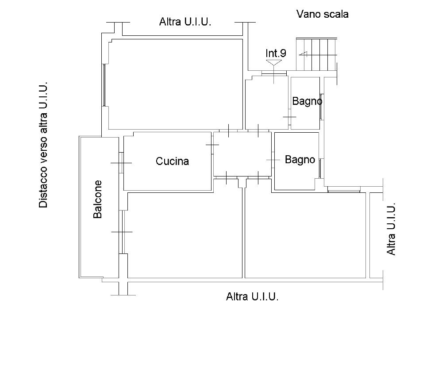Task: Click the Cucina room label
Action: pos(172,161)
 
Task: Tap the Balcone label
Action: pos(97,199)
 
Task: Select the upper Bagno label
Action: pos(307,101)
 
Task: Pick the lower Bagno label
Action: pos(300,160)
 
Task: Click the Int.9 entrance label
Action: pos(276,53)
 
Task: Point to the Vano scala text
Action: pos(323,14)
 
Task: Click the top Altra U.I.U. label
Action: pos(185,22)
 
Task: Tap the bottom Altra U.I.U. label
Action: pos(252,297)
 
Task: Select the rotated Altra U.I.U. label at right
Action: pos(391,229)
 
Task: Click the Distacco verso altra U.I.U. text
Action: pos(43,145)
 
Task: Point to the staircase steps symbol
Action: pos(317,54)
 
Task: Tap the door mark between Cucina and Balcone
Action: pos(121,163)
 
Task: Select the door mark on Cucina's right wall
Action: pos(212,145)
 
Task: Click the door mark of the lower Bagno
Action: pos(273,160)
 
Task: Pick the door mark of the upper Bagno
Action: pos(289,117)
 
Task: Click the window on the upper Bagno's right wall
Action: pos(321,107)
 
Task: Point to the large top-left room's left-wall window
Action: pos(104,85)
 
